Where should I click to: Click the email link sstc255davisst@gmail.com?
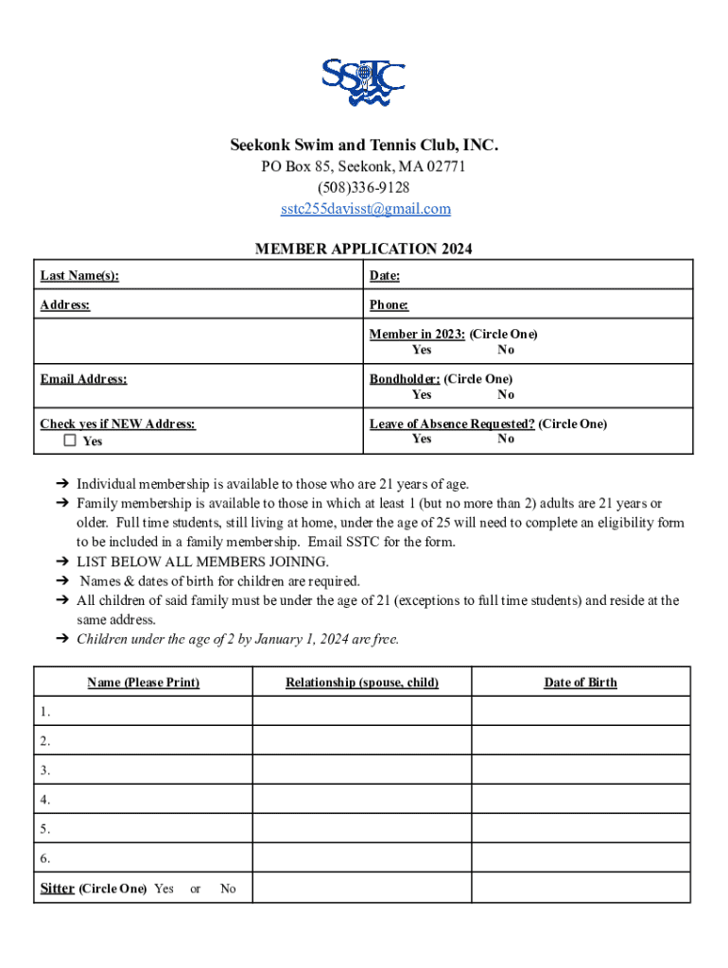tap(364, 209)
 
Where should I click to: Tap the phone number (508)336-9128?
tap(364, 188)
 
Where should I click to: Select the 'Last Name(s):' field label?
tap(79, 276)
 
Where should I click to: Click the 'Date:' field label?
tap(385, 276)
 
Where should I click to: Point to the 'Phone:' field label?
tap(389, 305)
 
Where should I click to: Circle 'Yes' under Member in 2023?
tap(422, 350)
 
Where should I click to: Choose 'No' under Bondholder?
tap(506, 394)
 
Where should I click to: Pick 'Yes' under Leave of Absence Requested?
tap(422, 439)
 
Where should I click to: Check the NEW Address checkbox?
tap(70, 441)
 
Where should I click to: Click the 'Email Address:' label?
tap(83, 379)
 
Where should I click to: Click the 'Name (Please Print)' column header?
tap(144, 683)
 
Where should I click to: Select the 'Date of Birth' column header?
tap(581, 683)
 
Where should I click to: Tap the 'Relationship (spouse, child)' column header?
tap(362, 683)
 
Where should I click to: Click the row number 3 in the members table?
tap(45, 770)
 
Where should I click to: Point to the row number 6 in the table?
tap(45, 858)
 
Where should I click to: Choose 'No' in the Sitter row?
tap(228, 889)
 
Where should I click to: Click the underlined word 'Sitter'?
tap(57, 889)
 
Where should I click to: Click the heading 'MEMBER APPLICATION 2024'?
tap(364, 250)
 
